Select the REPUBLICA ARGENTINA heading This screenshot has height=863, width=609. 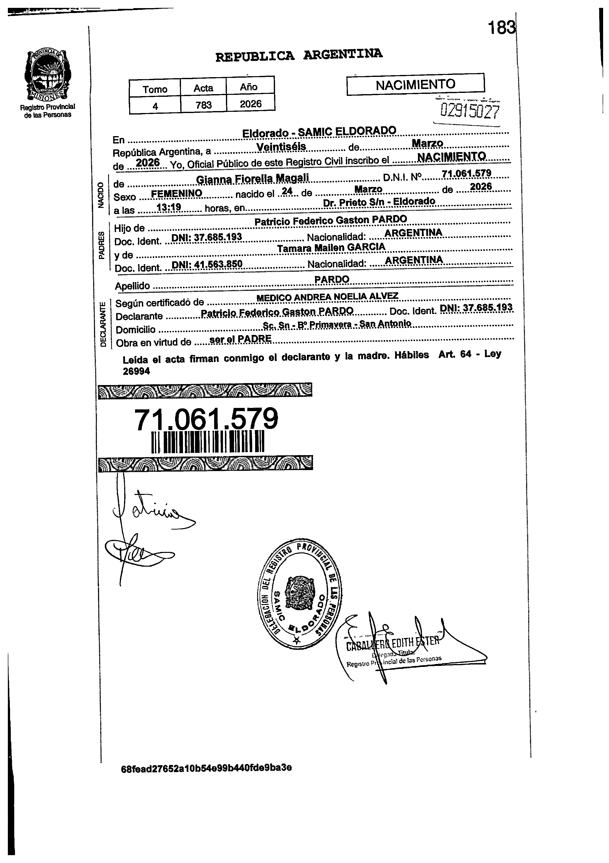point(299,55)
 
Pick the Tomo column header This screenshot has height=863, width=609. point(155,89)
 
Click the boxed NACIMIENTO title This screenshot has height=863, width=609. point(415,85)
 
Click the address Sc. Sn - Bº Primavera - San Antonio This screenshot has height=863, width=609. point(337,324)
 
